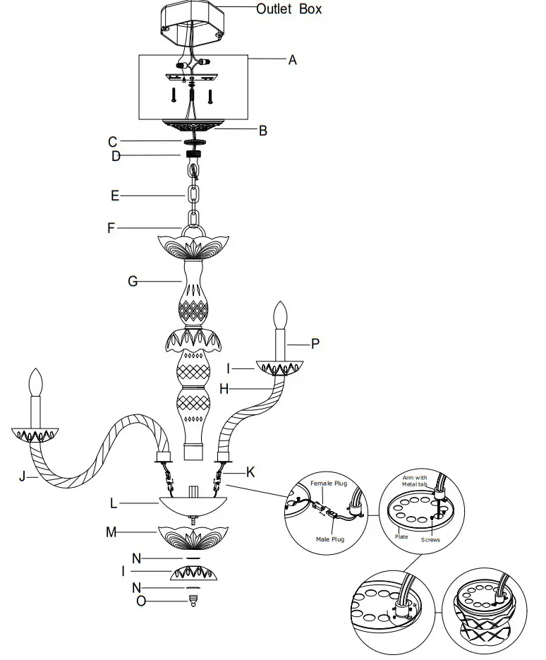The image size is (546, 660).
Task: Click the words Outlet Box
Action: coord(289,9)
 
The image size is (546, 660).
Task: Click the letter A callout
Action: coord(292,60)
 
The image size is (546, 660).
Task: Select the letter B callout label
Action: coord(262,130)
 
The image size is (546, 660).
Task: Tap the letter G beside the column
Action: coord(132,282)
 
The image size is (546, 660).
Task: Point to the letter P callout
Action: coord(315,344)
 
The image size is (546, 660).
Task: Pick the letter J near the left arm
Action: coord(22,477)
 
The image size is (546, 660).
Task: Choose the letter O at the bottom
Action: coord(142,601)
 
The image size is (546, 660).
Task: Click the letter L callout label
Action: coord(113,504)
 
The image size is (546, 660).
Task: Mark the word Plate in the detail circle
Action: coord(401,536)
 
